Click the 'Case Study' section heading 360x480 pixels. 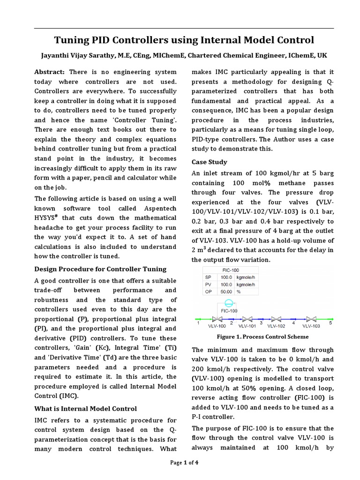[x=210, y=162]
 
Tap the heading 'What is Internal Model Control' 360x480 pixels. [x=86, y=409]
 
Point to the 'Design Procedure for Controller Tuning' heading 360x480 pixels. [x=101, y=269]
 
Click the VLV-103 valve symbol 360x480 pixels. [x=311, y=319]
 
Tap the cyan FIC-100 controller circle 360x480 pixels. [x=228, y=303]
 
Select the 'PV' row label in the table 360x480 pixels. [x=209, y=285]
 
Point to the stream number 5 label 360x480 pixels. [x=330, y=322]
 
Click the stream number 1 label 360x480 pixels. [x=198, y=322]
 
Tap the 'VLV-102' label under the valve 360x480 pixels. [x=276, y=326]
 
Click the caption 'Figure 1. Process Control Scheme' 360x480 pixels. [x=262, y=337]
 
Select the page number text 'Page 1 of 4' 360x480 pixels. [x=184, y=463]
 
